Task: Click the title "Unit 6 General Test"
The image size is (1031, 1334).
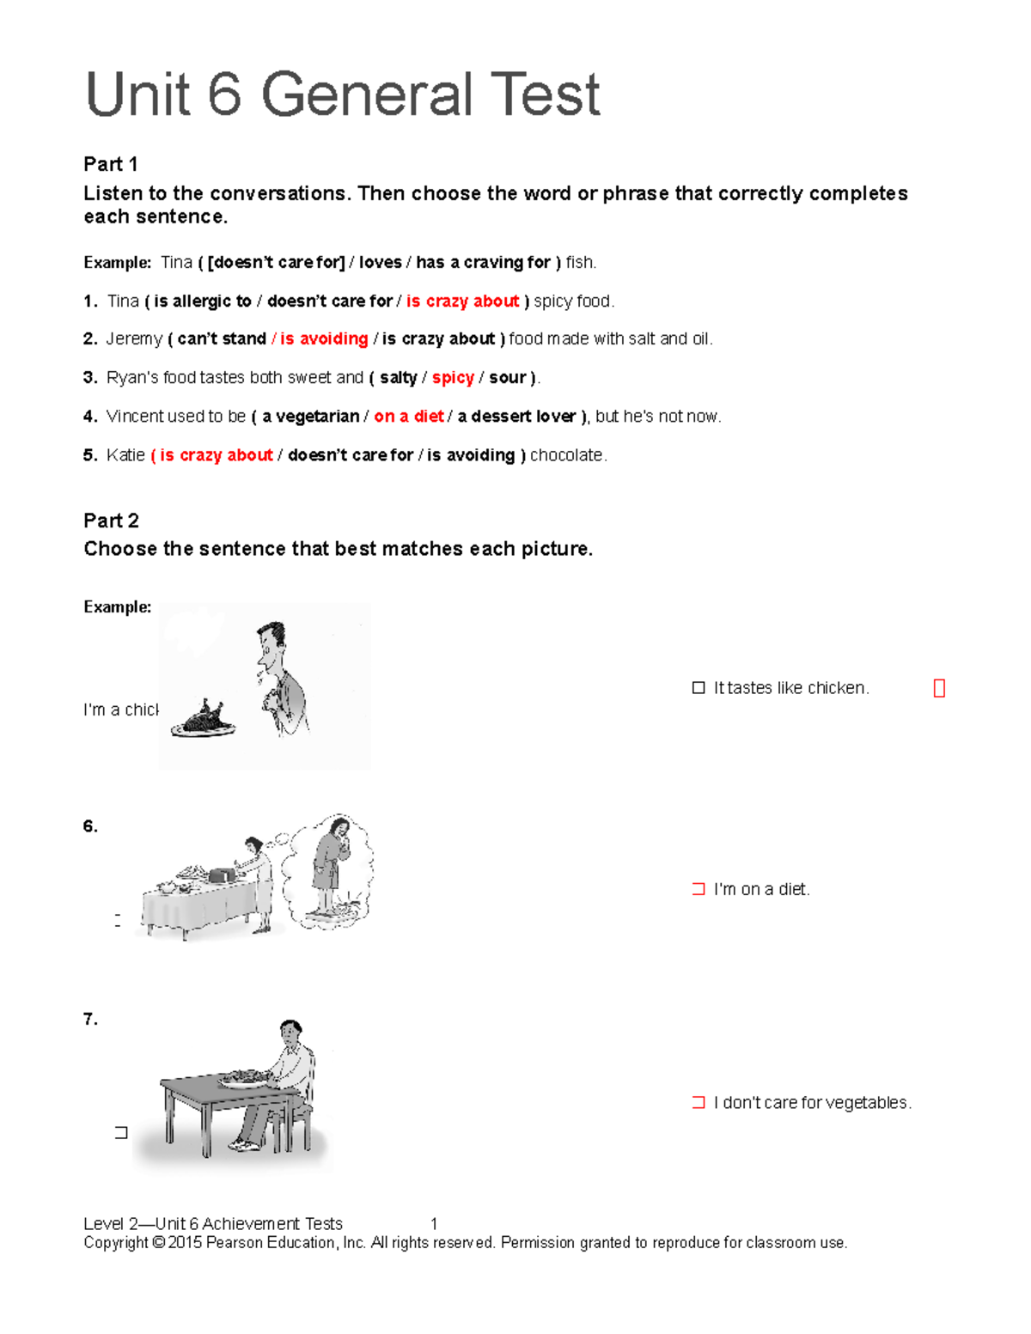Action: click(342, 94)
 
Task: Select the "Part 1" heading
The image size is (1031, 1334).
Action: click(110, 164)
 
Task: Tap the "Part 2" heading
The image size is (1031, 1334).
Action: click(111, 521)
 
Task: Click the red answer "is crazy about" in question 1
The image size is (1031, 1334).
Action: click(462, 302)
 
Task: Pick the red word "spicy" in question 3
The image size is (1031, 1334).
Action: click(453, 378)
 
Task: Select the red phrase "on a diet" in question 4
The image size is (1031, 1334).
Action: click(409, 417)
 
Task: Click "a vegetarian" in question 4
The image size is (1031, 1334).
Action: click(310, 417)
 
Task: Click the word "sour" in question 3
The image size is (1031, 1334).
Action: click(507, 378)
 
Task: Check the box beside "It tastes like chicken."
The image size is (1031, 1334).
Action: click(699, 688)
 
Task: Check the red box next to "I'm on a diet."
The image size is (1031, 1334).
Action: click(699, 889)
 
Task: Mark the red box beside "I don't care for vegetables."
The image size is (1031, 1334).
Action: click(699, 1102)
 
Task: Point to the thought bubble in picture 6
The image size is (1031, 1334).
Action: click(331, 870)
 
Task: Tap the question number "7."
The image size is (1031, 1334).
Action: click(90, 1020)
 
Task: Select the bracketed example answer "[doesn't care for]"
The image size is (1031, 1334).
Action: click(276, 263)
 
